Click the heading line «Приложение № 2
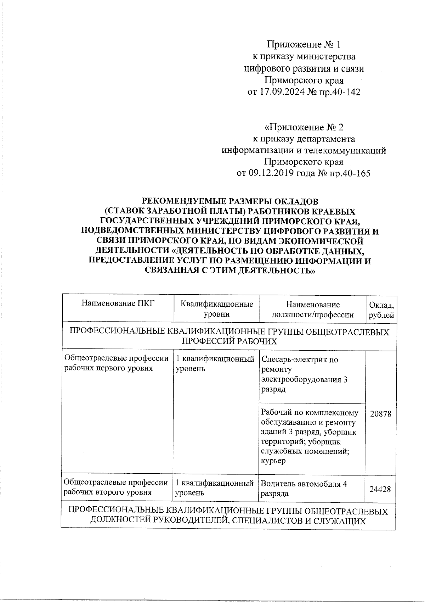click(304, 127)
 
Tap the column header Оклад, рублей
click(381, 310)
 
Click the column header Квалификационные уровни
click(217, 309)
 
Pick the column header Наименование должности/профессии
click(312, 309)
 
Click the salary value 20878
click(381, 414)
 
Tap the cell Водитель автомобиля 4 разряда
click(304, 489)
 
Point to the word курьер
click(273, 461)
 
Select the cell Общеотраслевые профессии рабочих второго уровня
click(116, 487)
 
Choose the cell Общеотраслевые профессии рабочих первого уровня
click(116, 363)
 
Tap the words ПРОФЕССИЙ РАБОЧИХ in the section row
click(229, 341)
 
